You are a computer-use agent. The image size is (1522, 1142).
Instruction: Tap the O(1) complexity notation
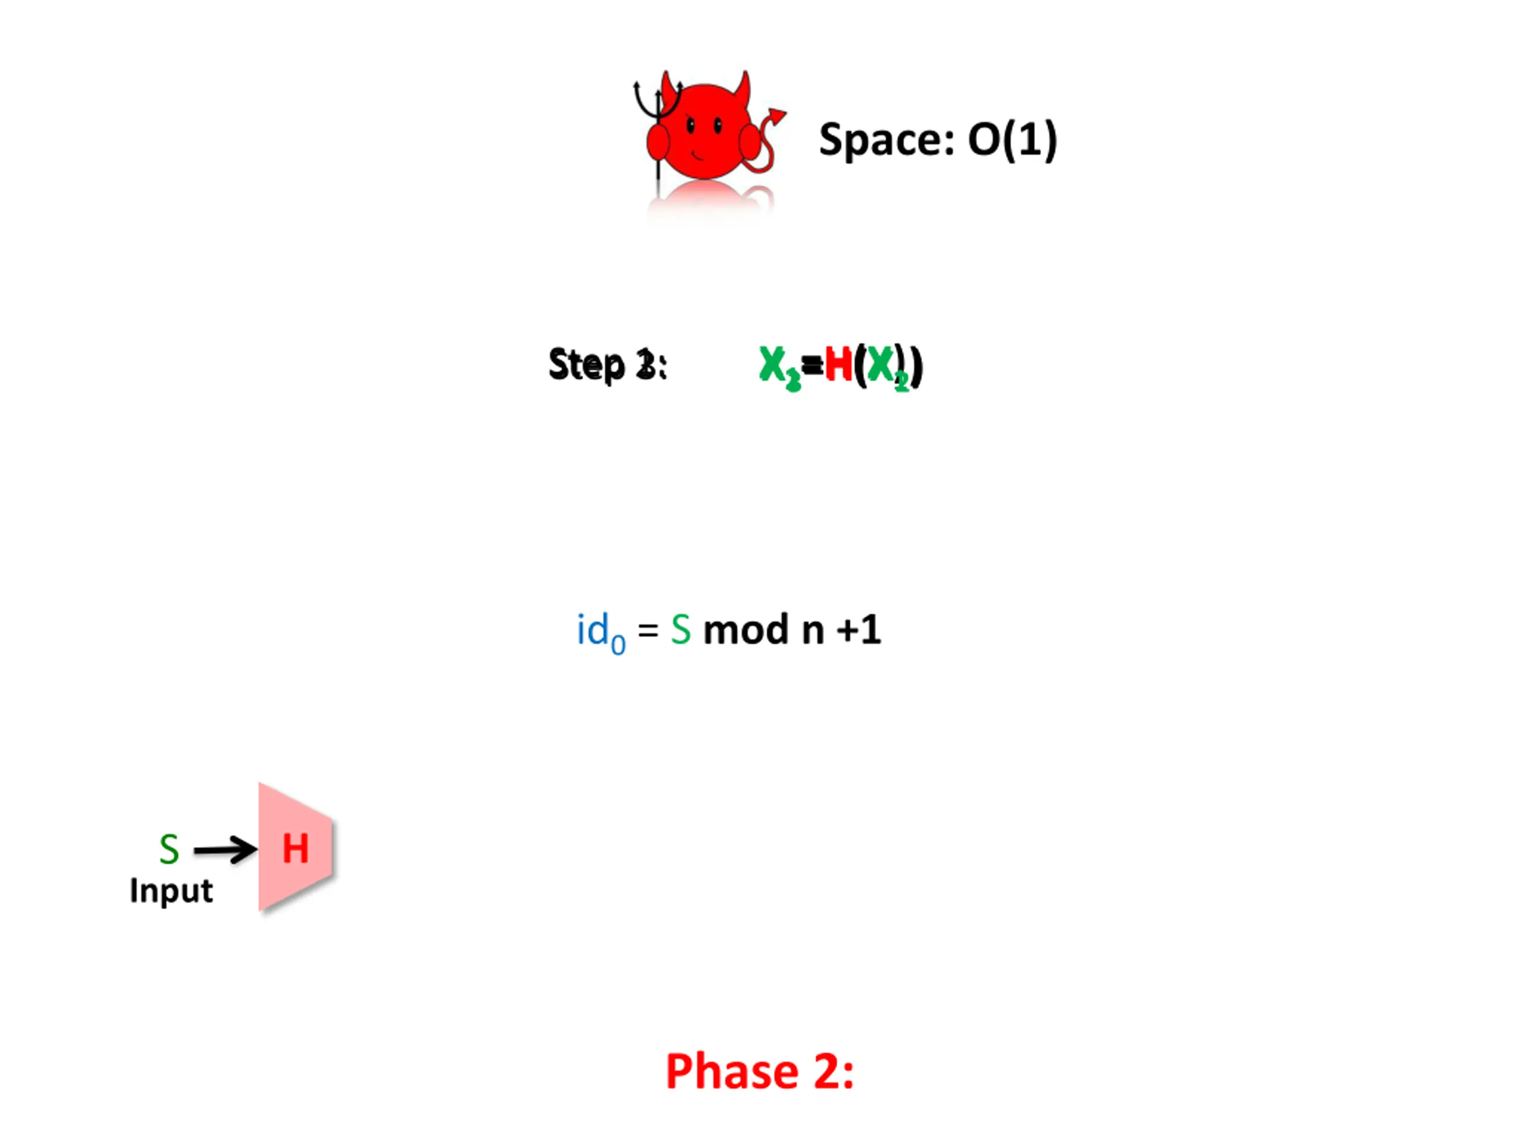point(1011,140)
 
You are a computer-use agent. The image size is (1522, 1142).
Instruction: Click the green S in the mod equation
point(681,630)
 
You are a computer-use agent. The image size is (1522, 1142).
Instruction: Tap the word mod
point(745,630)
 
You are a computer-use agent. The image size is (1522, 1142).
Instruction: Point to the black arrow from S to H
point(224,850)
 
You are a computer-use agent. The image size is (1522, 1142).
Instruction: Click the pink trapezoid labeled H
point(296,848)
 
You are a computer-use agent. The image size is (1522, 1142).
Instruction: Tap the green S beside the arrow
point(169,849)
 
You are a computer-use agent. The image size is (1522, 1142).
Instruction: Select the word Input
point(171,891)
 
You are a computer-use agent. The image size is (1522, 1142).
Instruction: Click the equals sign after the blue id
point(647,630)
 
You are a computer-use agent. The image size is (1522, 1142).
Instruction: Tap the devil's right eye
point(718,126)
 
